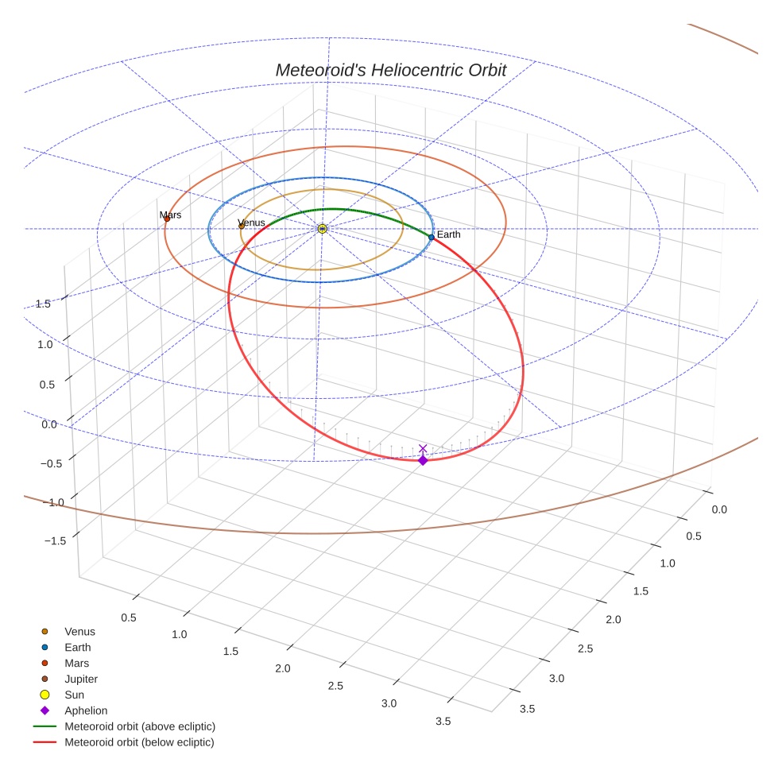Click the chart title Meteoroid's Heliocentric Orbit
point(390,70)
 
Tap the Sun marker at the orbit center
point(322,229)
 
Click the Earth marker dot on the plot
point(432,237)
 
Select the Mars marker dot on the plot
point(167,219)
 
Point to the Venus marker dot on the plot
point(242,226)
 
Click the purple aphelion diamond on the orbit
point(423,460)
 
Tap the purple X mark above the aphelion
point(423,449)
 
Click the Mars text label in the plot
point(170,215)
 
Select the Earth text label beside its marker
point(448,234)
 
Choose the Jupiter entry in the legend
point(80,679)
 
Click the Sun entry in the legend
point(74,695)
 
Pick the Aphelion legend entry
point(86,710)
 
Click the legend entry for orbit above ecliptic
point(139,726)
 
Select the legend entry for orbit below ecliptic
point(139,742)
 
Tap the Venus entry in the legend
point(79,632)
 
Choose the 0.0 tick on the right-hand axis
point(718,509)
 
